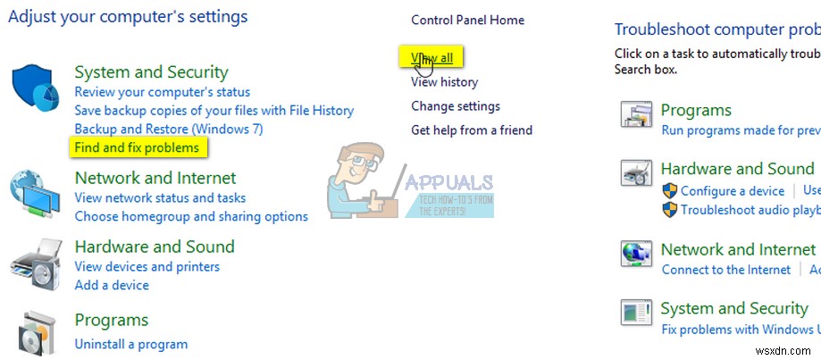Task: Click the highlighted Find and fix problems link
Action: point(137,147)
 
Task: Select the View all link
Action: point(431,58)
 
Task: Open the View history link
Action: point(444,82)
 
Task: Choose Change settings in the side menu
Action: point(456,106)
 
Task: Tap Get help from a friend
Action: point(472,130)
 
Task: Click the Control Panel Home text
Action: point(467,20)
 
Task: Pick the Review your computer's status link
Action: point(163,92)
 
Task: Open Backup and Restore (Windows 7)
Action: point(169,129)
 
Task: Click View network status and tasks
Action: point(160,197)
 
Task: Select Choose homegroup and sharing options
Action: point(191,216)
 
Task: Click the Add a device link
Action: point(112,285)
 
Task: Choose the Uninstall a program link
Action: point(131,344)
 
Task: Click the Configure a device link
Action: point(733,190)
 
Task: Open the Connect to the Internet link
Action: point(726,270)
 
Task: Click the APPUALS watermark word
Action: point(448,182)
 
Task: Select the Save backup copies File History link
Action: point(214,111)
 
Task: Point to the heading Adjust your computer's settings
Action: point(128,16)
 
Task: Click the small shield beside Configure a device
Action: point(670,190)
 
